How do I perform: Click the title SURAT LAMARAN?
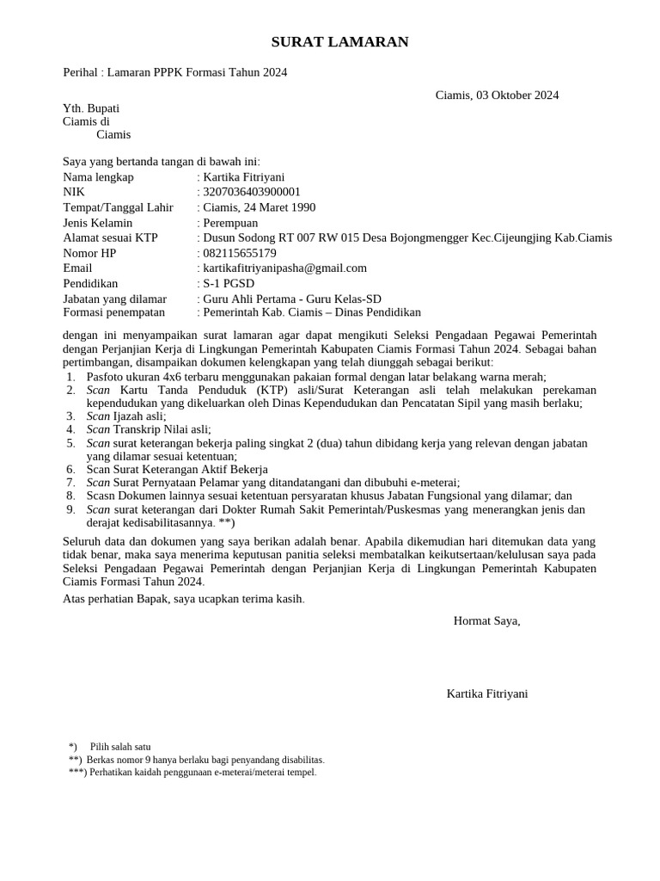point(328,42)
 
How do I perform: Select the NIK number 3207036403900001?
point(252,192)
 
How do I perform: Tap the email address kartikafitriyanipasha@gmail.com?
point(284,268)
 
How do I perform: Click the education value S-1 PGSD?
point(229,283)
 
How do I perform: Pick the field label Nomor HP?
point(89,253)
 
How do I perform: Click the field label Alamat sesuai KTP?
point(110,237)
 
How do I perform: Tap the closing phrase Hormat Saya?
point(486,620)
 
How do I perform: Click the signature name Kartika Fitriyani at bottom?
point(487,693)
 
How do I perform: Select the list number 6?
point(70,470)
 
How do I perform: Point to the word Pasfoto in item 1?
point(107,377)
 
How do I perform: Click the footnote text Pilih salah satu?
point(120,747)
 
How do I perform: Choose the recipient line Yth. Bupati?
point(91,108)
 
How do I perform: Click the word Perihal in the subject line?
point(82,72)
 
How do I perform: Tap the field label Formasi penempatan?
point(114,312)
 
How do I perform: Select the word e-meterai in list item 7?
point(432,484)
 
